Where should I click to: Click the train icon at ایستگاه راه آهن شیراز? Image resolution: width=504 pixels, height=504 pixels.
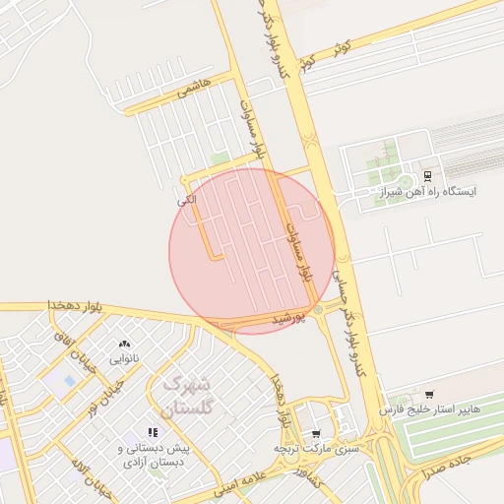[426, 176]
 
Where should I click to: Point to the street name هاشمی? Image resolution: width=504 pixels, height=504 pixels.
[194, 90]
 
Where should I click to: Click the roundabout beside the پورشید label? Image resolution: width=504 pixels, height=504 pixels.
[318, 311]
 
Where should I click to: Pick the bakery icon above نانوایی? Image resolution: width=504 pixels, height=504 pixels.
[124, 344]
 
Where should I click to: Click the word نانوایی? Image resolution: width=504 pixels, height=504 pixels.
[123, 358]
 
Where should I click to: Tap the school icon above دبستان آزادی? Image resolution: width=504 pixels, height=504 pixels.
[153, 432]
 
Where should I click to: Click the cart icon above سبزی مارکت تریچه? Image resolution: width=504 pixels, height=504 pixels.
[315, 434]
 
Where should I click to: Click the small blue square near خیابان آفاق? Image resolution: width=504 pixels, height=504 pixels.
[68, 379]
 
